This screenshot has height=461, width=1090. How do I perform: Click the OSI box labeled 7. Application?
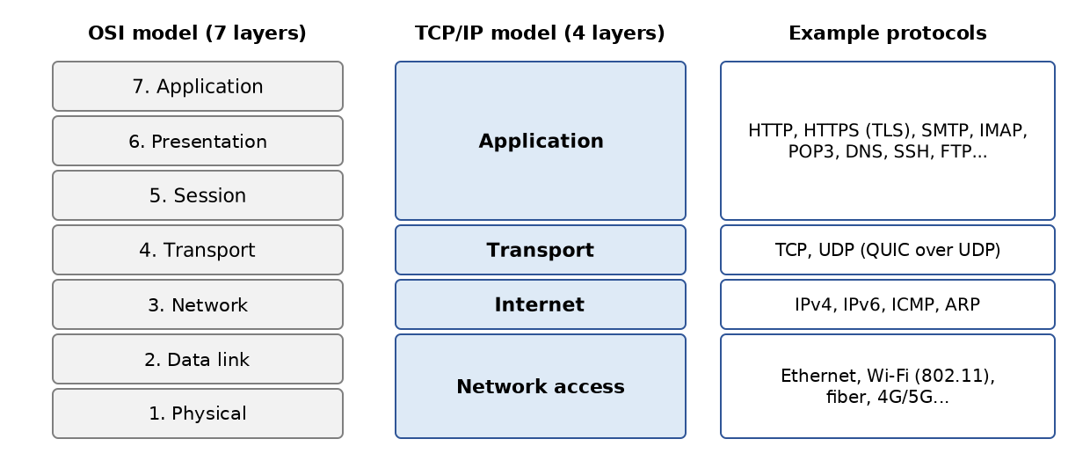tap(198, 86)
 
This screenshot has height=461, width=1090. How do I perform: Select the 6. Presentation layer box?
tap(198, 141)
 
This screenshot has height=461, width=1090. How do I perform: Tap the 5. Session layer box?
tap(198, 195)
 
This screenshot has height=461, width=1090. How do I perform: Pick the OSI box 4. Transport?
tap(198, 250)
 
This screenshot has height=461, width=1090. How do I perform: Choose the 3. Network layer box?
tap(198, 304)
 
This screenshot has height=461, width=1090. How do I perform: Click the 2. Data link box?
tap(198, 359)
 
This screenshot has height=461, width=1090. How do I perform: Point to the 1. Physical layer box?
tap(198, 413)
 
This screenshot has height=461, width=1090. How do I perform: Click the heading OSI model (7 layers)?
tap(197, 33)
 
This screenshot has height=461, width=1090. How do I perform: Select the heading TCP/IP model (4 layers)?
tap(540, 33)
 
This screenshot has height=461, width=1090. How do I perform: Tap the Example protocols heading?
tap(888, 33)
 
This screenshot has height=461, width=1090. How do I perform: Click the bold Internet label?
tap(540, 304)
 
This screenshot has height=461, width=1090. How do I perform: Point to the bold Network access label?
tap(540, 386)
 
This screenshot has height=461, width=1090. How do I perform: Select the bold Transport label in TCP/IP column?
tap(540, 250)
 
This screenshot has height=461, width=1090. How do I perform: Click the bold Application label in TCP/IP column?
tap(541, 141)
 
